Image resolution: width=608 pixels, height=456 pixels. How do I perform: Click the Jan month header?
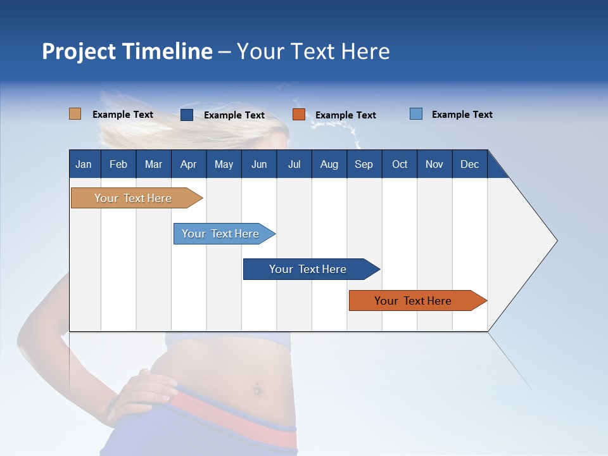point(84,165)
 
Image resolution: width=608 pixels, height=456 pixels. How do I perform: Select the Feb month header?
point(118,165)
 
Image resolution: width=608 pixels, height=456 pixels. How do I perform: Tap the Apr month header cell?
point(188,165)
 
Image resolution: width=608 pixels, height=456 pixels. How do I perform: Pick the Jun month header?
point(258,165)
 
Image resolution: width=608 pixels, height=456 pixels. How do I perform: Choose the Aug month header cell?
point(329,165)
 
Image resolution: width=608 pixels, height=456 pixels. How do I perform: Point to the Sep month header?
point(364,165)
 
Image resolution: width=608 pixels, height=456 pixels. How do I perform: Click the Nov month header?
point(434,165)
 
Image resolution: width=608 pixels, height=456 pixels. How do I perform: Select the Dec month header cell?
point(469,165)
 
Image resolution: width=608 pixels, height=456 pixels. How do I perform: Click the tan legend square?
point(75,114)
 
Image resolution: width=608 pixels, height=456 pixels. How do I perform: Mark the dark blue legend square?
point(187,115)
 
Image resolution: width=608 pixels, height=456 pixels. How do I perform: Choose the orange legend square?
point(299,115)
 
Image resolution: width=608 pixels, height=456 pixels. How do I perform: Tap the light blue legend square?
point(416,114)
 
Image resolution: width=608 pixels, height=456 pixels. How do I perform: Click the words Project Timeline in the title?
point(127,51)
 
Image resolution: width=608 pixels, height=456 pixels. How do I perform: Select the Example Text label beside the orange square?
point(345,115)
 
